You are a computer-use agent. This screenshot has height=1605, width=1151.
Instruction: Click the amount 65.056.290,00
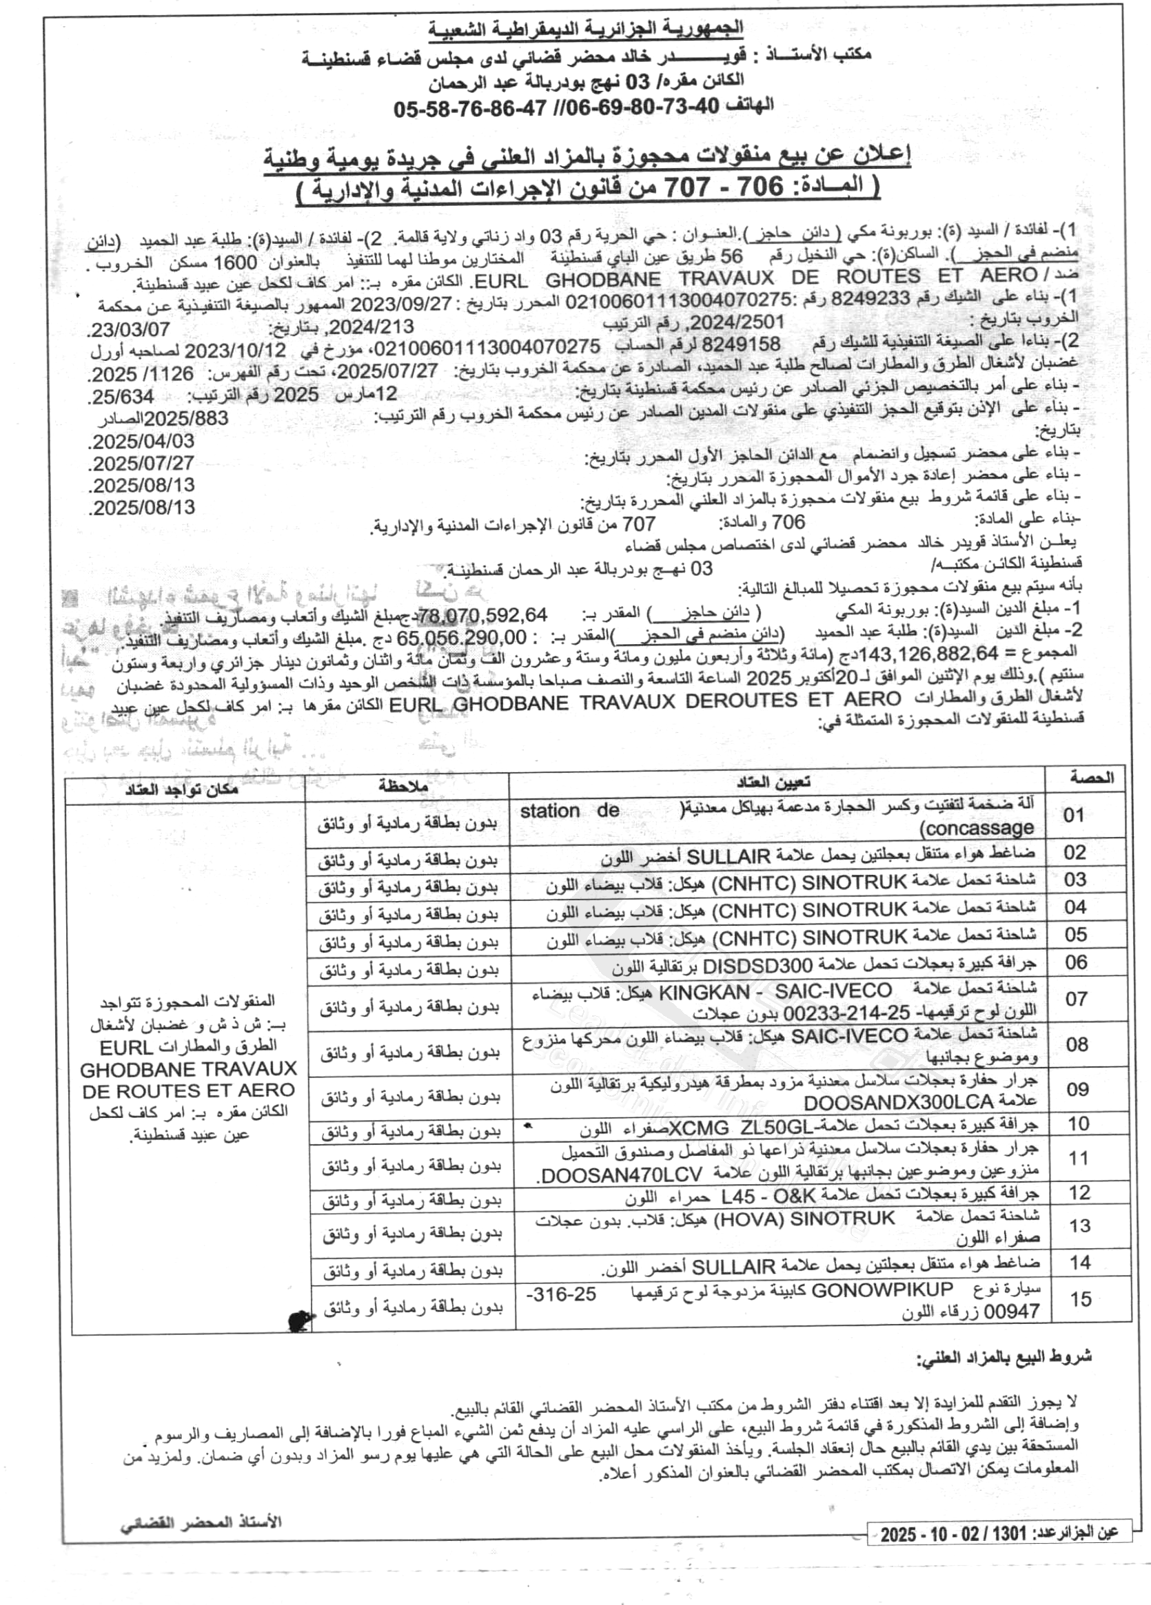point(462,637)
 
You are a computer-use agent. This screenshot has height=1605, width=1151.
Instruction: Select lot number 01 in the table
point(1073,814)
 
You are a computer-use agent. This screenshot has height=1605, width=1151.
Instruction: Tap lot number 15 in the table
point(1081,1298)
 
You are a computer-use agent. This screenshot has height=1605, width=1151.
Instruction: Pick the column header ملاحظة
point(403,785)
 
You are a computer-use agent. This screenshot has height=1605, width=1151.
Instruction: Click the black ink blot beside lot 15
point(300,1319)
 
